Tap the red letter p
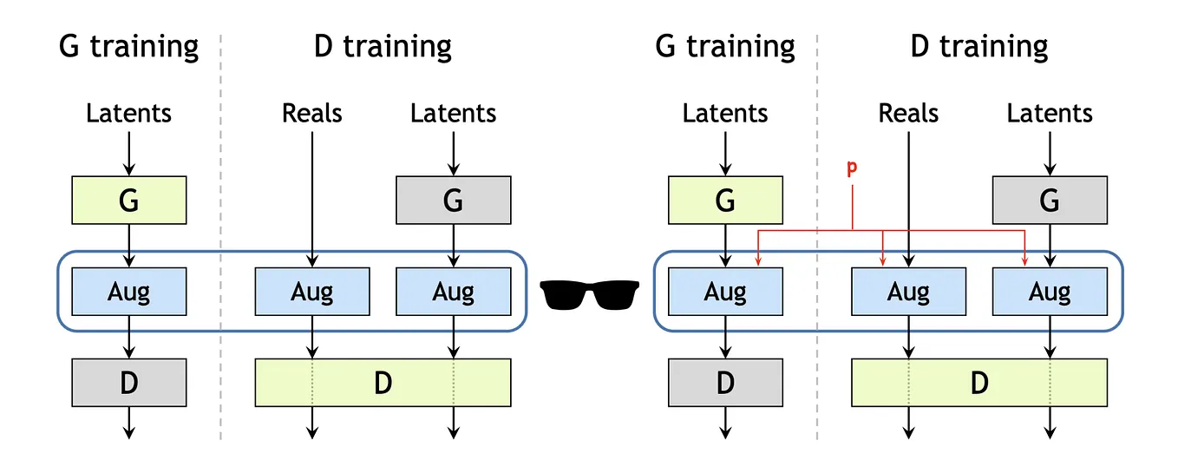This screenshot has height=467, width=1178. click(851, 169)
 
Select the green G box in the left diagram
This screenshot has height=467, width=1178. click(128, 200)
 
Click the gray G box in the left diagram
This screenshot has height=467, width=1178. click(453, 200)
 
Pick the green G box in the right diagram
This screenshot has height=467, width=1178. click(725, 200)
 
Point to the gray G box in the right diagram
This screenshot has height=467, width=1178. click(1050, 200)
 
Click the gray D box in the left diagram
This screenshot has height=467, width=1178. click(128, 383)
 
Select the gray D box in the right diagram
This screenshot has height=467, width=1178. click(725, 383)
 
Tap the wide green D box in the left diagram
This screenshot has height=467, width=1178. click(383, 383)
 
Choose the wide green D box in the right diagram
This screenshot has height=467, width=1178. click(979, 383)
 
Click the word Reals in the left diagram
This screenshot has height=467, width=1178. click(312, 113)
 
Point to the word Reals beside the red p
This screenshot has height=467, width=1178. click(908, 113)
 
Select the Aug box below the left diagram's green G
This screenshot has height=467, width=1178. click(128, 292)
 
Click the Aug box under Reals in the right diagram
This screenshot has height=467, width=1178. click(908, 292)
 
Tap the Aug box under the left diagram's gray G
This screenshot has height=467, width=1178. click(453, 292)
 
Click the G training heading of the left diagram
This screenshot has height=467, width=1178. click(128, 46)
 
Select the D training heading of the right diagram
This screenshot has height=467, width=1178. click(979, 46)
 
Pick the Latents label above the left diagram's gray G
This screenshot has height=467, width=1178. click(453, 113)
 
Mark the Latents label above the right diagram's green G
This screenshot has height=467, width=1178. click(725, 113)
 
